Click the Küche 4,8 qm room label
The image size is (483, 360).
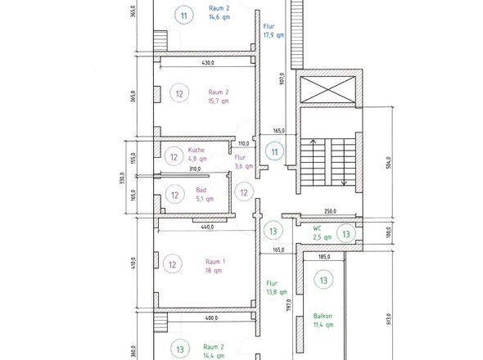197,155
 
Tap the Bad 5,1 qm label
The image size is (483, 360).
205,195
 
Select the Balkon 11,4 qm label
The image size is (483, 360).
323,320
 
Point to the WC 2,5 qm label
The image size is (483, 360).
323,232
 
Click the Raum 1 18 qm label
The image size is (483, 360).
215,266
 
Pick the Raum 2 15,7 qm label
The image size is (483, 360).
219,97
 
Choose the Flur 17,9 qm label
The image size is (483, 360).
273,31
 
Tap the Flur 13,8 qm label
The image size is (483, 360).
277,287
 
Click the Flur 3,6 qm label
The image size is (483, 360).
244,162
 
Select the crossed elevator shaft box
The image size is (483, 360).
327,90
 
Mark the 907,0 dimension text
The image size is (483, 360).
282,79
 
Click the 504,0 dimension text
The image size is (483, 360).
388,163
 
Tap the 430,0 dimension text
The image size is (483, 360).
208,63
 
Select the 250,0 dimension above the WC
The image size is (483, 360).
330,211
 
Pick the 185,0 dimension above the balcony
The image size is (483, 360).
324,256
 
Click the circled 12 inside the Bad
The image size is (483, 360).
174,195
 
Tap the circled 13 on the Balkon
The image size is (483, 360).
323,281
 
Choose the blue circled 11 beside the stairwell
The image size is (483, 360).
274,151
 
